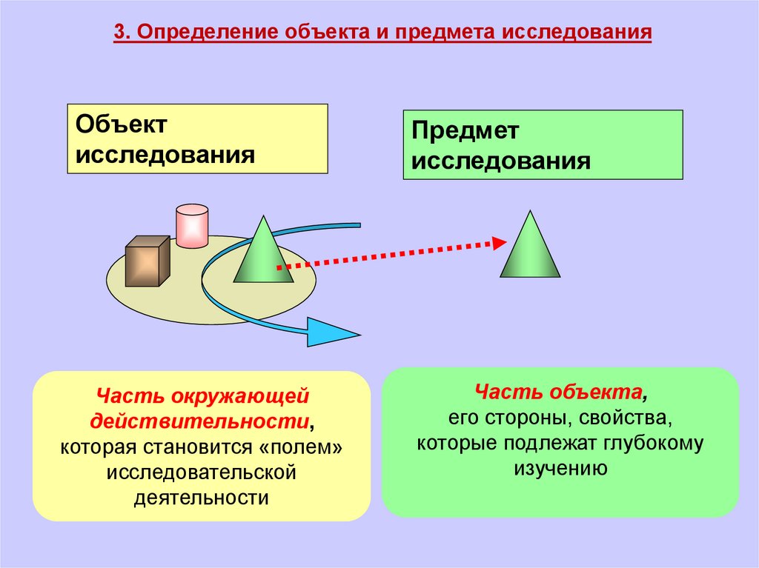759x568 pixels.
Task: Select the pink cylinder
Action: [x=191, y=225]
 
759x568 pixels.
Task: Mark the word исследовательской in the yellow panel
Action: [x=201, y=471]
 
